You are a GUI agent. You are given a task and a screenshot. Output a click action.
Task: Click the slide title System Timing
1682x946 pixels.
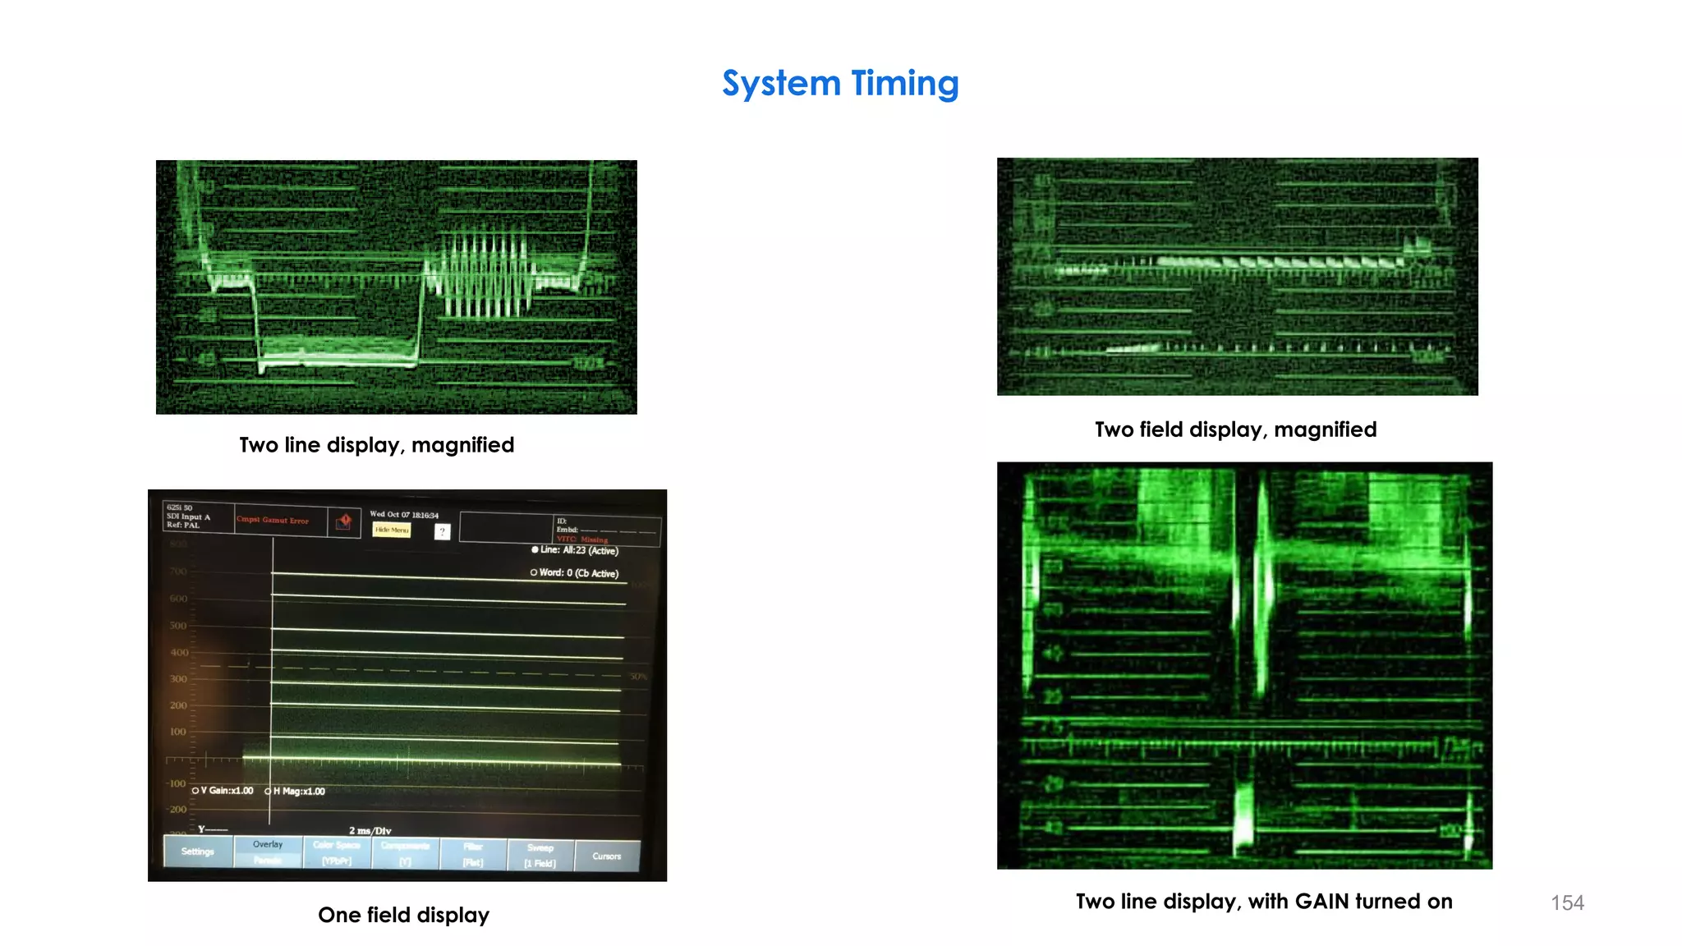pos(840,84)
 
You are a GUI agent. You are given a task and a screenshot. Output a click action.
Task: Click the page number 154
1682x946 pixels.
pos(1567,903)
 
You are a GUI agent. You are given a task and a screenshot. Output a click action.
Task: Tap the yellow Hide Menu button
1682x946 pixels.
pos(392,530)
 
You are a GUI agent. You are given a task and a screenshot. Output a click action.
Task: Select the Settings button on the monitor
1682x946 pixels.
pos(198,852)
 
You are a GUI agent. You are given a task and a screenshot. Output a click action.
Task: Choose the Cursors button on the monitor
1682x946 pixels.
pos(607,856)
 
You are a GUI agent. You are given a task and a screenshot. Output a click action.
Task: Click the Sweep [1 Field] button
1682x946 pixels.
pos(540,855)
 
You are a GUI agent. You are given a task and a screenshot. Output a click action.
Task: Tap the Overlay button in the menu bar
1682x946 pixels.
pos(268,845)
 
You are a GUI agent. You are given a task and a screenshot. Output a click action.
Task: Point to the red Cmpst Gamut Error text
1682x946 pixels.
pos(273,521)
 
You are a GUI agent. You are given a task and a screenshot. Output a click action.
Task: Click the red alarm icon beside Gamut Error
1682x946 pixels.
pos(345,521)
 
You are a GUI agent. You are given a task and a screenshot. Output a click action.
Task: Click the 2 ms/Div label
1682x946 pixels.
pos(370,831)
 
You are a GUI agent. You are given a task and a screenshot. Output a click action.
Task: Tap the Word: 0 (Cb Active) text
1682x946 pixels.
pos(577,573)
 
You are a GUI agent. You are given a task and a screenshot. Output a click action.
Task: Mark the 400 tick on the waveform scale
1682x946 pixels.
pos(179,653)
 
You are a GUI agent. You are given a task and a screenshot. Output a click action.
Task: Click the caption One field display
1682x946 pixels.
pos(403,915)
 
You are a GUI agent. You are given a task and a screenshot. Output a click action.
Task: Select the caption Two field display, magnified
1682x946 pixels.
pos(1235,429)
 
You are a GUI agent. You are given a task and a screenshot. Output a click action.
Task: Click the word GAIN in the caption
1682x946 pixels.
pos(1321,902)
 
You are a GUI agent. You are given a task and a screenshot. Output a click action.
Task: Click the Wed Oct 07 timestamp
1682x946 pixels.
pos(403,515)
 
